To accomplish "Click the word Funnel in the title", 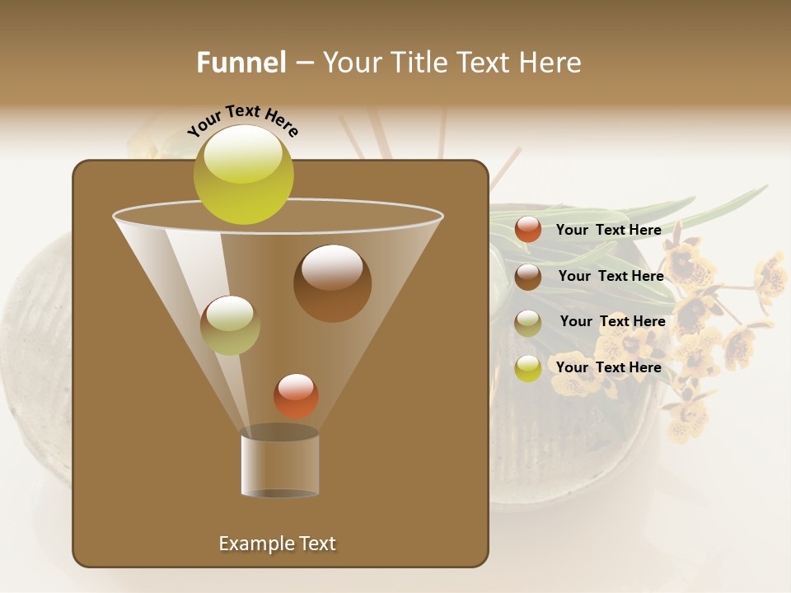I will (x=241, y=63).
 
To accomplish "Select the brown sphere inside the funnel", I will (x=332, y=283).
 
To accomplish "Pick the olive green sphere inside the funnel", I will (x=230, y=325).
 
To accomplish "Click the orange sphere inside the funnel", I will (x=296, y=396).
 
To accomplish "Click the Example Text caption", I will (x=277, y=544).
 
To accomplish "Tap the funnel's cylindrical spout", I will (x=279, y=465).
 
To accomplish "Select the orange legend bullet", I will (x=528, y=230).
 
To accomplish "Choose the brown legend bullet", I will (x=528, y=276).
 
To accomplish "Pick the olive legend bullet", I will (x=528, y=322).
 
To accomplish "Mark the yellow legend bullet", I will (x=528, y=368).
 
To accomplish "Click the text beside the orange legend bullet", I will (x=608, y=230).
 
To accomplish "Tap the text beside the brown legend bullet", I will (x=611, y=276).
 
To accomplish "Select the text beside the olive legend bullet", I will (x=612, y=321).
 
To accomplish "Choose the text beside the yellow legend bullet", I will (x=608, y=367).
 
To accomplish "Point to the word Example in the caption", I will (x=255, y=544).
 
